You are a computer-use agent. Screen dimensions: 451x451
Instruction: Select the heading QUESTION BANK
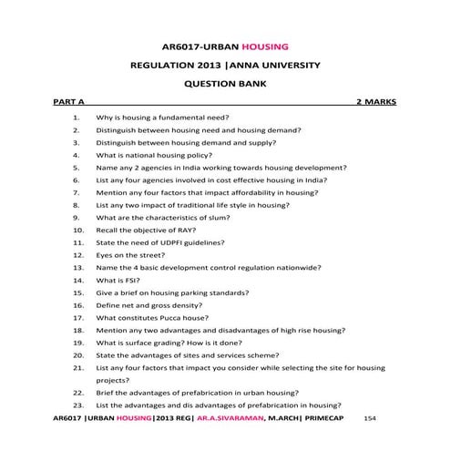[225, 82]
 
